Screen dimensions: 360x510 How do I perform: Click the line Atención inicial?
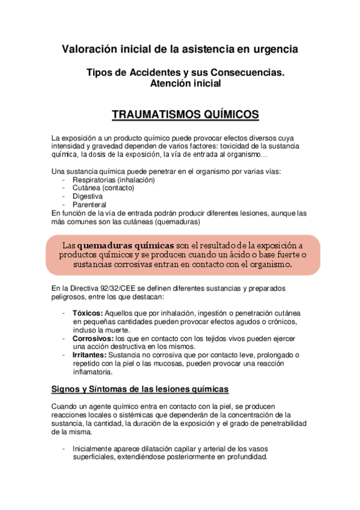185,84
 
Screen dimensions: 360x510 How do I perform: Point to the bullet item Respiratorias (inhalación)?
113,180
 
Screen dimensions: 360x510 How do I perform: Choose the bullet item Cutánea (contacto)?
103,188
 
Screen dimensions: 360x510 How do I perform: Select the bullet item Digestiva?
87,196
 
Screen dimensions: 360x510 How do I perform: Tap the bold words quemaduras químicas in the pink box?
126,245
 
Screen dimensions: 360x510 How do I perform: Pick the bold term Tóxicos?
88,313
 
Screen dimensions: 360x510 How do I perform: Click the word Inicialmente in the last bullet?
94,449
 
